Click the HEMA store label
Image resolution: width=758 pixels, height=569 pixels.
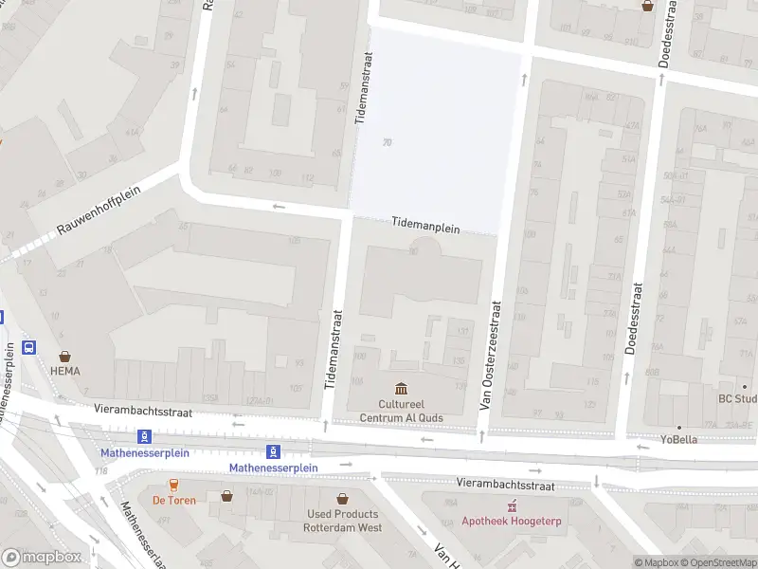[x=65, y=371]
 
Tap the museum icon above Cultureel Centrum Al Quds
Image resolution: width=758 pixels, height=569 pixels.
[x=401, y=389]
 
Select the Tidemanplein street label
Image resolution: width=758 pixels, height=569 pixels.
[x=425, y=229]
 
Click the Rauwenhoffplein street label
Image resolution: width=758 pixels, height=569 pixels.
[x=99, y=211]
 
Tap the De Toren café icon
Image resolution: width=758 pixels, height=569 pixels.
[x=173, y=485]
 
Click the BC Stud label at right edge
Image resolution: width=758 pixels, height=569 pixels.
[x=737, y=398]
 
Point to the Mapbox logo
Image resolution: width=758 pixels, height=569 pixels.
[x=43, y=558]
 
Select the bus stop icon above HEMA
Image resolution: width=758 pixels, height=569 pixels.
[x=29, y=348]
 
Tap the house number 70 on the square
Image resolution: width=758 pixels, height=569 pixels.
[x=387, y=143]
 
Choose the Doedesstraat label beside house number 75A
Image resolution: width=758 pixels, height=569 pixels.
[x=630, y=318]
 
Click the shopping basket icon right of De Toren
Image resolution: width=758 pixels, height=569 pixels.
[x=227, y=496]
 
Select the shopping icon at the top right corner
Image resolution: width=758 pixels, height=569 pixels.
[x=648, y=5]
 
